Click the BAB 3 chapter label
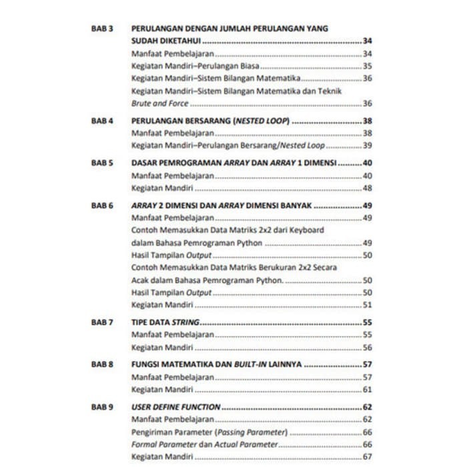102,29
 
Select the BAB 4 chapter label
102,121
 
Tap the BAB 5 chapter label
102,163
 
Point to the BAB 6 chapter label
102,205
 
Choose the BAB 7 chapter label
102,322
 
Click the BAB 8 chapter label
102,365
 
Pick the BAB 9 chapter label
102,407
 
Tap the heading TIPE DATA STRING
166,322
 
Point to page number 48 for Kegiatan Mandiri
367,188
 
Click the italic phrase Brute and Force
159,103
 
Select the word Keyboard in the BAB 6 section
307,230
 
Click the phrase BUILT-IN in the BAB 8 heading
250,365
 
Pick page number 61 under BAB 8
367,390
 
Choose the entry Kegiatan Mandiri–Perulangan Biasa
185,66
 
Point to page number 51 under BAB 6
367,305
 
